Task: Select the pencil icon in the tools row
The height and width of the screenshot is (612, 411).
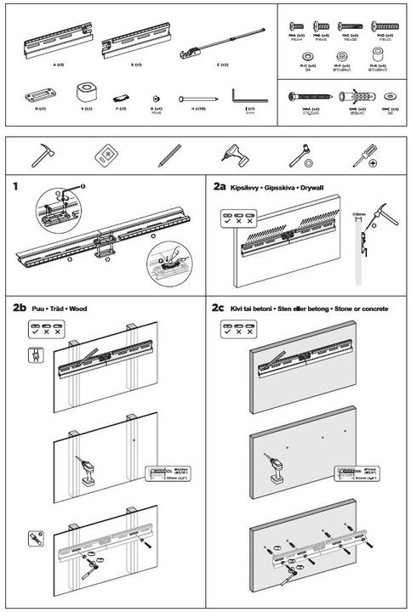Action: click(x=169, y=156)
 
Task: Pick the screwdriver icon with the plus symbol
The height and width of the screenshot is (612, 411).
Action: click(x=364, y=156)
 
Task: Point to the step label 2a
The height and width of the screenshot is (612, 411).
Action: click(x=219, y=184)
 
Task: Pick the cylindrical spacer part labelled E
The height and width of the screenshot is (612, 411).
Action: click(x=87, y=92)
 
